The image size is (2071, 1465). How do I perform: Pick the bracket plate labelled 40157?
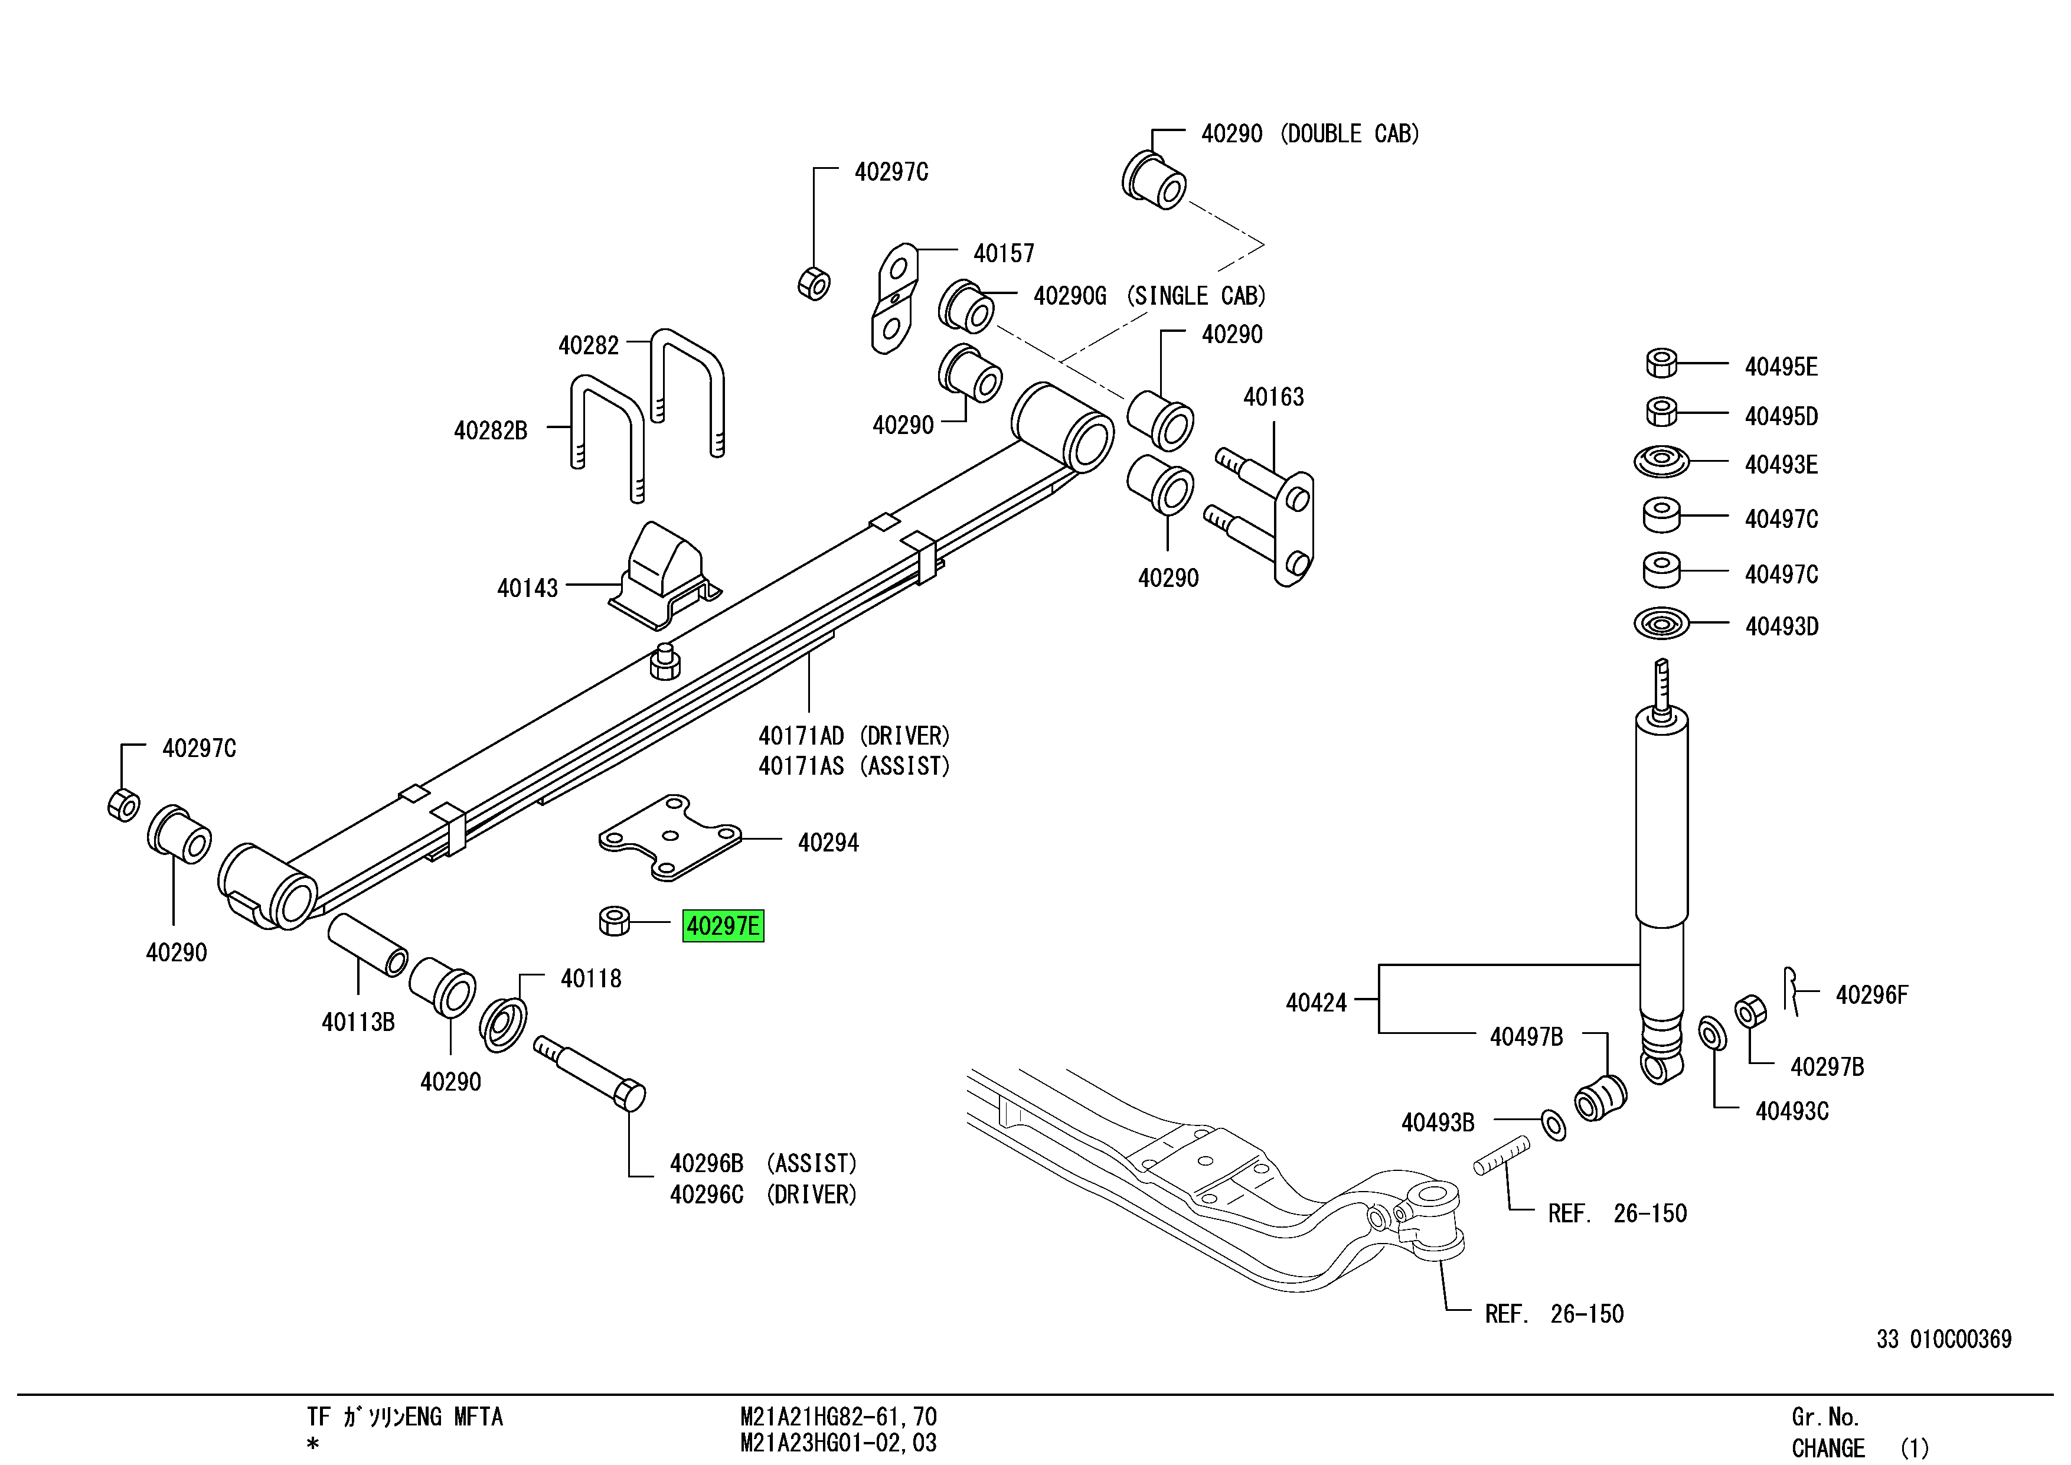(894, 298)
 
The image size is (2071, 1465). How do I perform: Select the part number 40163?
(1273, 397)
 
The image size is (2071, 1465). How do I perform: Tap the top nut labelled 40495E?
(1661, 363)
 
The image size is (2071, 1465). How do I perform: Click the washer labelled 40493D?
(1661, 624)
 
